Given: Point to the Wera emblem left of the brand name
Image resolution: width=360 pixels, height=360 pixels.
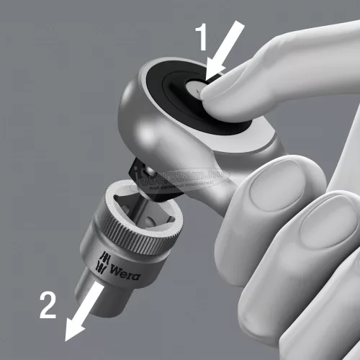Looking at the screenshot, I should (x=103, y=265).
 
